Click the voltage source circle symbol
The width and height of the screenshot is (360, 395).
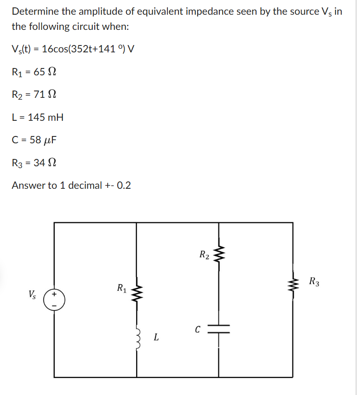point(54,299)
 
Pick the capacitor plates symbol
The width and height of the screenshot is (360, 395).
point(219,330)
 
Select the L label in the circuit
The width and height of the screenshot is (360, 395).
point(156,339)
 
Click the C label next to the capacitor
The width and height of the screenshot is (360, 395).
point(197,329)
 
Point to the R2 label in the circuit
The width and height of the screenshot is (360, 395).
point(204,254)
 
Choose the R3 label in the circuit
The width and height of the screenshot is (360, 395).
point(314,282)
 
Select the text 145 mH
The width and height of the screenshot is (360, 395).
point(46,117)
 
